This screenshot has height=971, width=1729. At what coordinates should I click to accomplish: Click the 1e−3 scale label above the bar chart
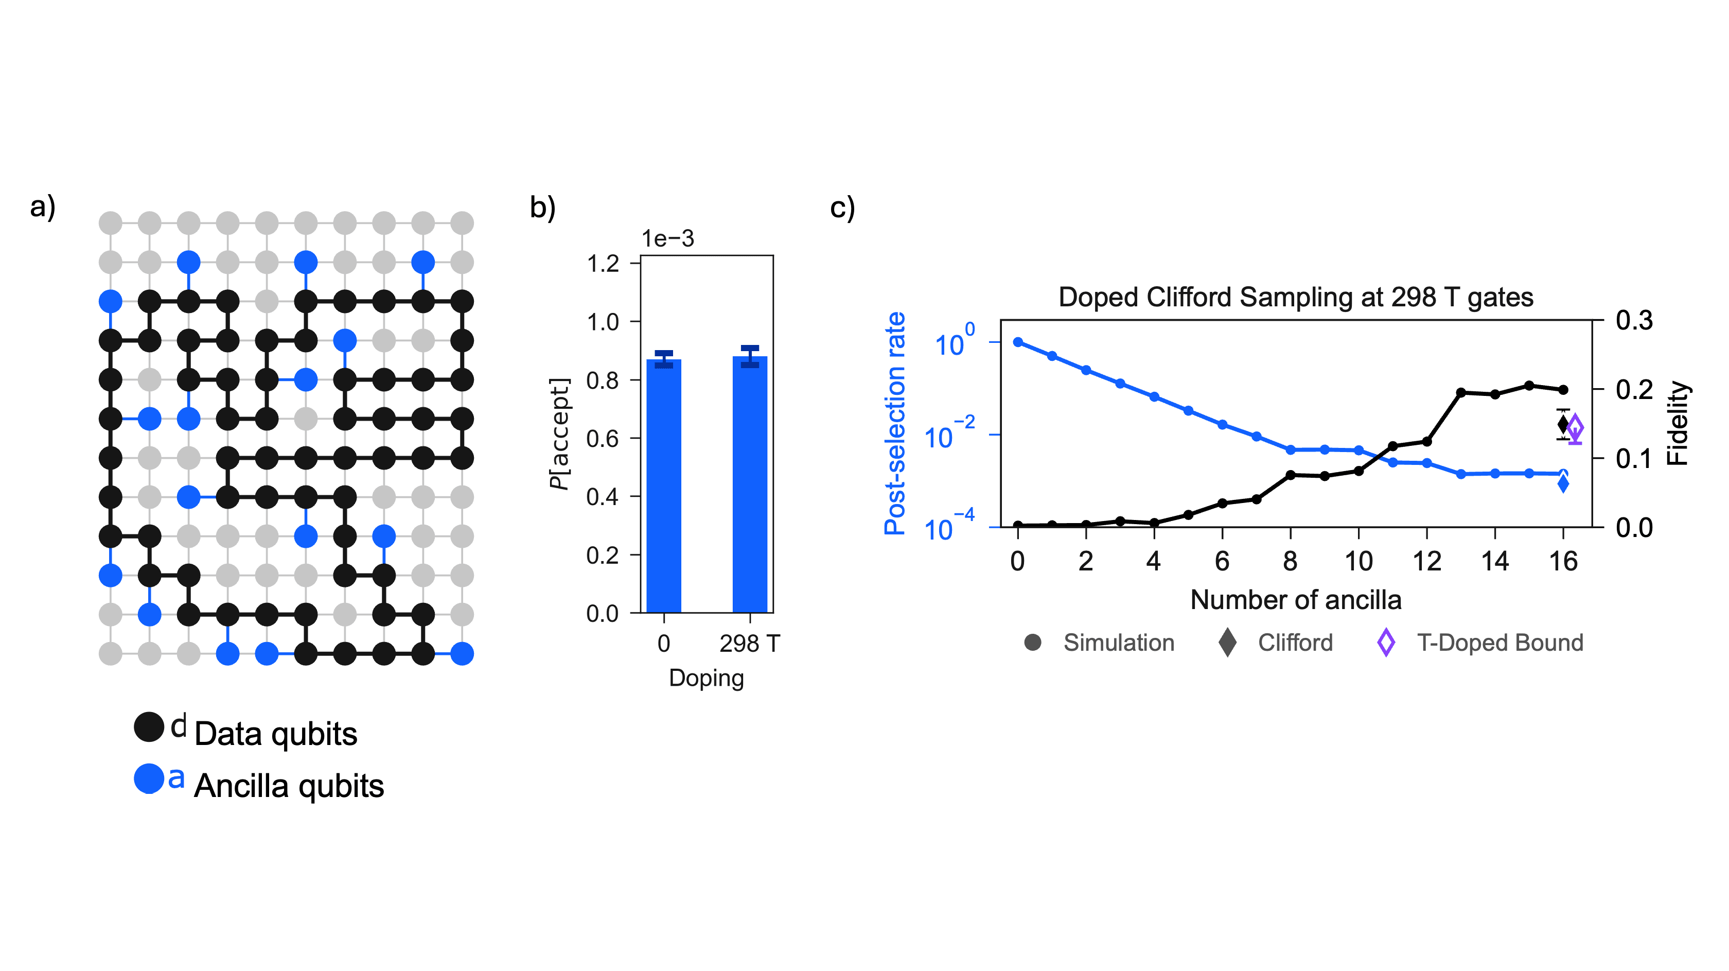667,238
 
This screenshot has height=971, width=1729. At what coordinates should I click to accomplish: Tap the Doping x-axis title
706,678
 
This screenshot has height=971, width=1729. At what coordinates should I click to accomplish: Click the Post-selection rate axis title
895,423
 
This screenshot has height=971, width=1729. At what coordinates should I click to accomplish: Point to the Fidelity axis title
1678,423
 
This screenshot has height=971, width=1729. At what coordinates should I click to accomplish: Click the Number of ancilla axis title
1295,600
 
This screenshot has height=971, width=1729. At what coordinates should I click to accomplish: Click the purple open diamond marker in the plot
1575,427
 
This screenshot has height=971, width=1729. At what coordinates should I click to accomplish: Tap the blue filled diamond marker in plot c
1563,483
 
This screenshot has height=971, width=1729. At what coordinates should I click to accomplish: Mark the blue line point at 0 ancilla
1017,342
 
